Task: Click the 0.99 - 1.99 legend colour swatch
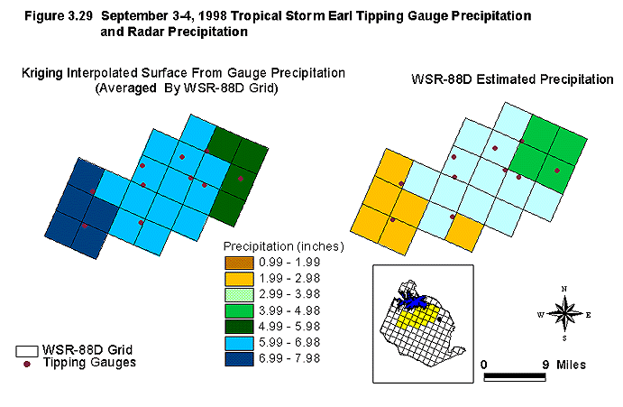tap(239, 263)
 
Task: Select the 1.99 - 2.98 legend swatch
tap(239, 279)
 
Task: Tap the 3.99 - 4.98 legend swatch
tap(239, 310)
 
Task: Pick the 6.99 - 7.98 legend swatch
tap(239, 359)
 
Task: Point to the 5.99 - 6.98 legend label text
tap(289, 343)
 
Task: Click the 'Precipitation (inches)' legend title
tap(284, 246)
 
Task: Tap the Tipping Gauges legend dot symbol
tap(27, 364)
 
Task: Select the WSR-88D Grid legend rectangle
tap(27, 351)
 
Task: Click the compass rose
tap(564, 314)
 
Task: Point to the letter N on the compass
tap(564, 289)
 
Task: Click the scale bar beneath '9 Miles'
tap(515, 377)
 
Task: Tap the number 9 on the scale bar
tap(546, 365)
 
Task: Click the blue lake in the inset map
tap(412, 301)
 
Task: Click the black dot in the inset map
tap(439, 319)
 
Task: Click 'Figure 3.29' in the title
tap(59, 16)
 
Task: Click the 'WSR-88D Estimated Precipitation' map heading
tap(512, 79)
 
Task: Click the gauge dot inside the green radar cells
tap(557, 171)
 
